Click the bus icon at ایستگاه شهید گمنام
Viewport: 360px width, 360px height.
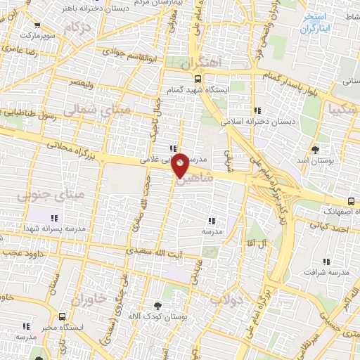198,79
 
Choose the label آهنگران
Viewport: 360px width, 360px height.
200,63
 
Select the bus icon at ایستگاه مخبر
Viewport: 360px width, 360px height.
63,317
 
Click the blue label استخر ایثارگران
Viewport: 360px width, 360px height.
314,22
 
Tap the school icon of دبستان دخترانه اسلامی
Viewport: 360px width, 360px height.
257,110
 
